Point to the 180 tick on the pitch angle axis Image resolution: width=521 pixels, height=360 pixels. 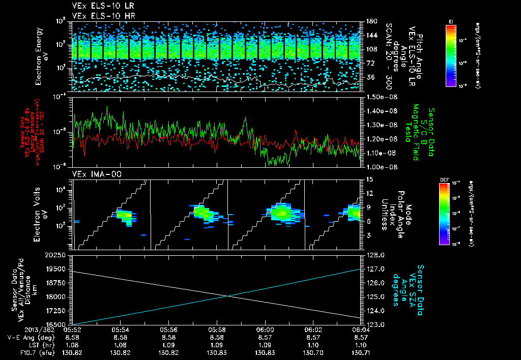pos(371,21)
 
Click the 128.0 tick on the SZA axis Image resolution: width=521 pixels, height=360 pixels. pos(375,255)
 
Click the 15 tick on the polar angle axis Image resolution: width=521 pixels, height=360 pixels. pos(369,179)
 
